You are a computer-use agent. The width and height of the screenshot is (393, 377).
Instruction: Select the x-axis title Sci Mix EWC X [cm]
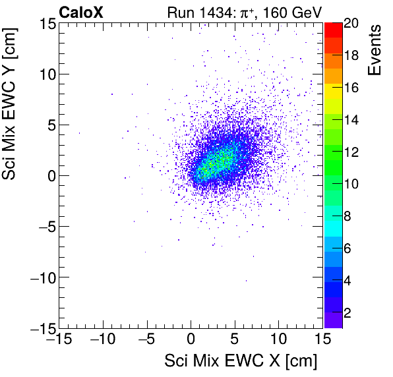[241, 361]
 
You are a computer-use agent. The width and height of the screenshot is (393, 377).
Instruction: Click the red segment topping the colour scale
[332, 29]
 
